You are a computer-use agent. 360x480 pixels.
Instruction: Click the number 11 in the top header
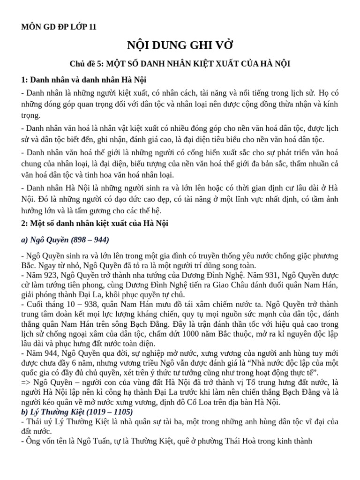point(92,27)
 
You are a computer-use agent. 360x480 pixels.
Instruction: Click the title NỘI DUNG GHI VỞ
point(180,45)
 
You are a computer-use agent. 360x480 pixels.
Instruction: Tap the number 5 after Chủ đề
point(102,64)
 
